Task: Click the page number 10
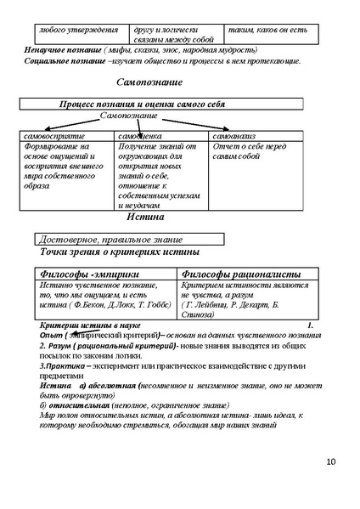(x=330, y=461)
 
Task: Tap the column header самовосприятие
(x=55, y=136)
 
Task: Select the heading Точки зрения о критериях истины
(x=120, y=252)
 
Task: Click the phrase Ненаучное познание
(x=59, y=50)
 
